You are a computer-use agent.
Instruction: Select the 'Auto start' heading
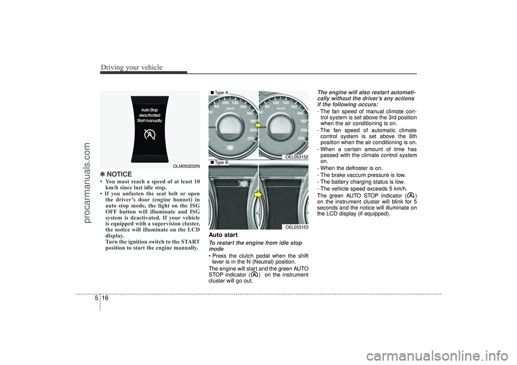click(223, 235)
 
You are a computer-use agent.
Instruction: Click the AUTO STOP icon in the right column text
click(411, 195)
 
